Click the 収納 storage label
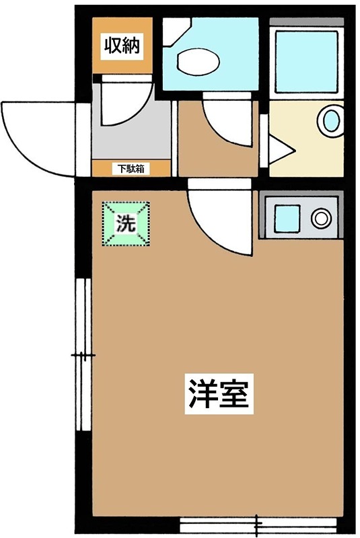[121, 46]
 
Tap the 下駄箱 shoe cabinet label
[131, 169]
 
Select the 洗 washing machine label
[126, 224]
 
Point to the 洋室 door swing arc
[219, 219]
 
